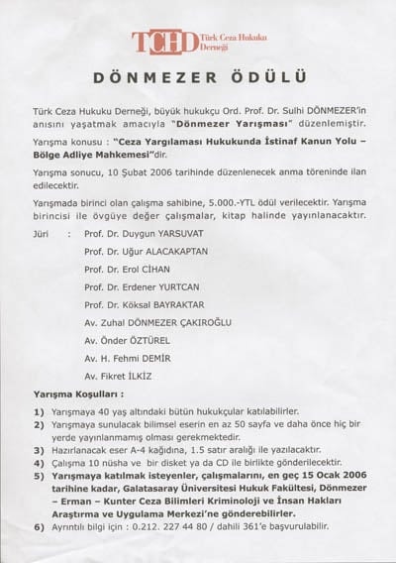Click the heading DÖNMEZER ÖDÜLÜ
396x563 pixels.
point(198,77)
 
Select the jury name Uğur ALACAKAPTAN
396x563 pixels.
point(145,257)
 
